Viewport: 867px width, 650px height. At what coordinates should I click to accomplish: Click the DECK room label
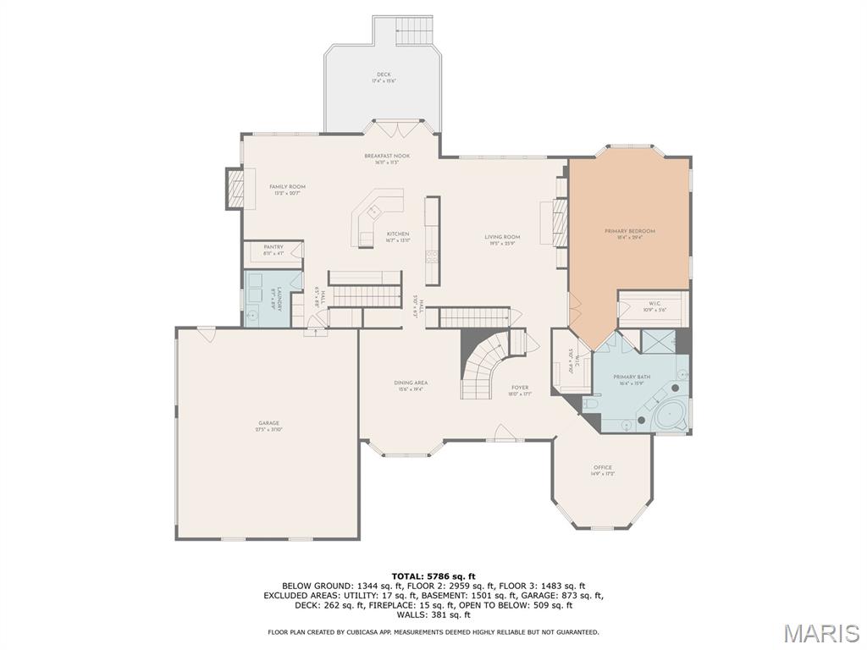coord(384,77)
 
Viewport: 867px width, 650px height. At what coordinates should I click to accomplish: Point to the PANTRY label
coord(273,250)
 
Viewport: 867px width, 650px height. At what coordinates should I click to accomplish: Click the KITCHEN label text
coord(398,237)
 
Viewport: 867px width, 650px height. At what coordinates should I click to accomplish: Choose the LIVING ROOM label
coord(502,240)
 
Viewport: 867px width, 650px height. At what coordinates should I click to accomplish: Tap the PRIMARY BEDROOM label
coord(629,234)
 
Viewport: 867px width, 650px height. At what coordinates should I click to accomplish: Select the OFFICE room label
coord(603,470)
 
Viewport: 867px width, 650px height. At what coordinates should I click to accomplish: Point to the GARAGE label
coord(269,426)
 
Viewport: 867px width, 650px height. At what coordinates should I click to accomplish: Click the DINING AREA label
coord(410,386)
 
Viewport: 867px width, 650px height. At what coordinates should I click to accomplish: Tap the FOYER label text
coord(519,390)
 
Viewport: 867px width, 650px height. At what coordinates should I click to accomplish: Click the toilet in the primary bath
coord(591,407)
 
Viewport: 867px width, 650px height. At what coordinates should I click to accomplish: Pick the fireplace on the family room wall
coord(235,188)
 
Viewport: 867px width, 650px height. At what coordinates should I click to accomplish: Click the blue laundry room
coord(266,298)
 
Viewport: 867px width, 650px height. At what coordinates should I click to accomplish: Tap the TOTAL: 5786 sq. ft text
coord(433,576)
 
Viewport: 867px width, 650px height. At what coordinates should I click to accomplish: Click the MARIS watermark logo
coord(820,633)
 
